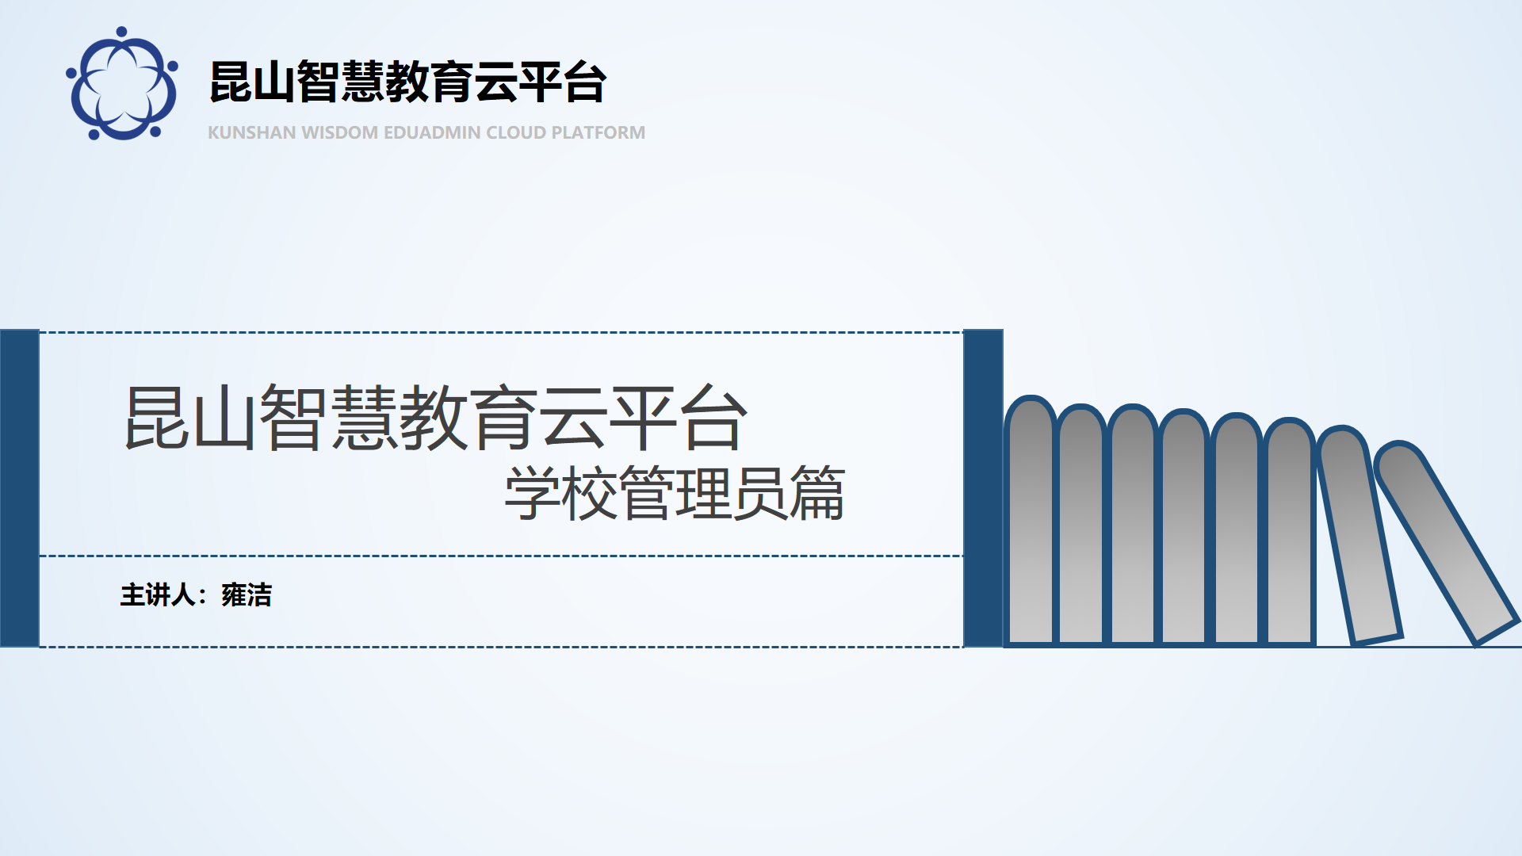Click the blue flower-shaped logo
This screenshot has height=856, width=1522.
(122, 83)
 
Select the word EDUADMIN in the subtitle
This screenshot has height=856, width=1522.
(432, 132)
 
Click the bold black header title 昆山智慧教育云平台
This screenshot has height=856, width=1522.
(408, 82)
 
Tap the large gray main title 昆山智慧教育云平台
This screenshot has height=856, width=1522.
(436, 418)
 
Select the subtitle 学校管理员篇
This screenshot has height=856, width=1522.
(675, 493)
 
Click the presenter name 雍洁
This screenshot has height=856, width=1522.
(247, 594)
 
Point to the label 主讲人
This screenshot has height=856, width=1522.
(158, 594)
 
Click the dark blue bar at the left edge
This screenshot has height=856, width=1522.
(20, 488)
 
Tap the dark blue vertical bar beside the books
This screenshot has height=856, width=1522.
(983, 488)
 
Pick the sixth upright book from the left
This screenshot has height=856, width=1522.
(1289, 532)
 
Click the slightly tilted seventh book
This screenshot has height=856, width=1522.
(1359, 535)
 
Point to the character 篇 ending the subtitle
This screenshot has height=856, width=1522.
(817, 493)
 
